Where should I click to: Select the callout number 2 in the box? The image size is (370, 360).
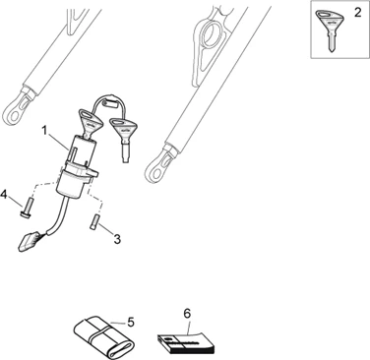coord(357,13)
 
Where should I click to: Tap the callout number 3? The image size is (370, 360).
coord(117,239)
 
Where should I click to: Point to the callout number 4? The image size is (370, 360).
coord(4,195)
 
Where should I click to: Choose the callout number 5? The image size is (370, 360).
coord(131,323)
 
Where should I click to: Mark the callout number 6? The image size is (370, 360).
coord(187,314)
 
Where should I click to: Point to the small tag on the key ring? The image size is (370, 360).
coord(110,102)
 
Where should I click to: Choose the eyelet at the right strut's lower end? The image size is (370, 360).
coord(160,164)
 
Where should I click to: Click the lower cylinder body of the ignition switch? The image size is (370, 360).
coord(72,184)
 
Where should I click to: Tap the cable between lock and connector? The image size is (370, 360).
coord(60,216)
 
